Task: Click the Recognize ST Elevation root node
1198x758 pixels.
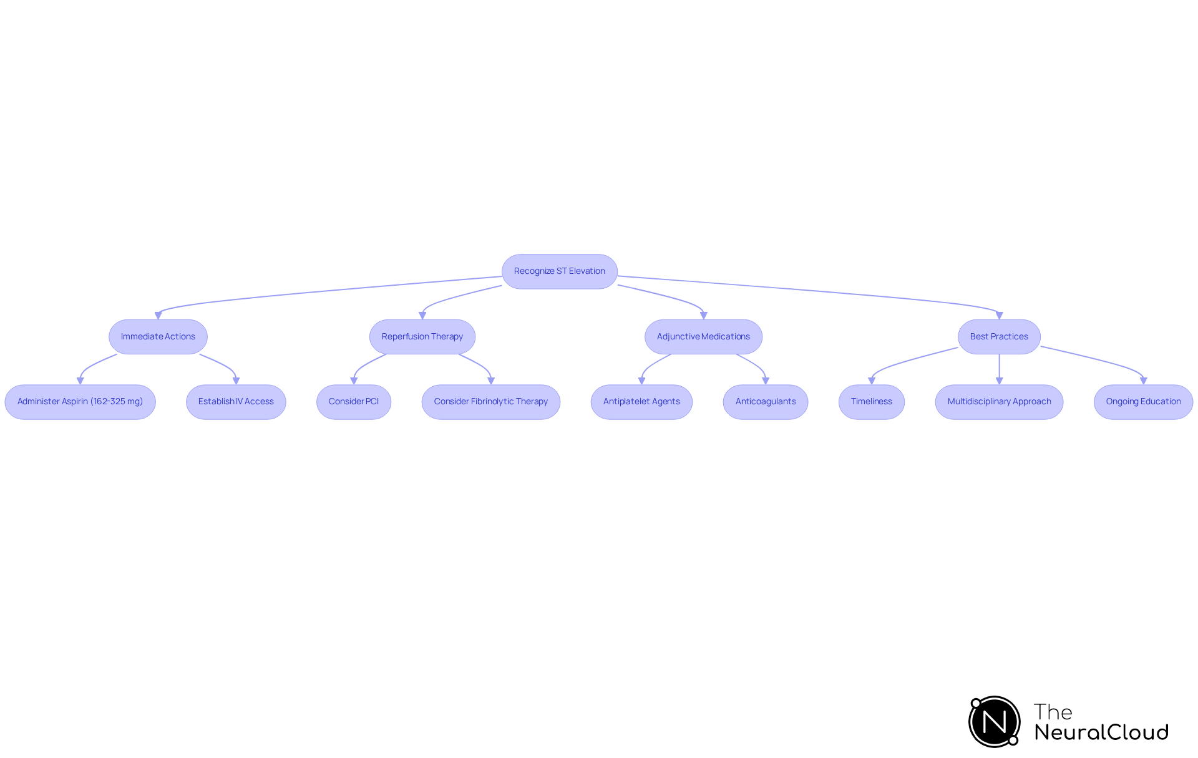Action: coord(559,271)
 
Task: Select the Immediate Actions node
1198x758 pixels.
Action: coord(158,337)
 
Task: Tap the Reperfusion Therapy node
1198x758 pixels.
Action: coord(422,337)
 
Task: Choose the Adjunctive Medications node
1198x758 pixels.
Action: coord(703,337)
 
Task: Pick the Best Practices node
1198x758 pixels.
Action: coord(998,337)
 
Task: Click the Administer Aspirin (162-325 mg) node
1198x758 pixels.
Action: coord(80,402)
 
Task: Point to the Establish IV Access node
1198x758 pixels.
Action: coord(236,402)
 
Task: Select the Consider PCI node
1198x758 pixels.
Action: coord(353,402)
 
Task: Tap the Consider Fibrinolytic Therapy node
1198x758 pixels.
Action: coord(490,402)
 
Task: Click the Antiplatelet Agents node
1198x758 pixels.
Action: coord(641,402)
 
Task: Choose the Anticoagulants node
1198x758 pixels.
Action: coord(765,402)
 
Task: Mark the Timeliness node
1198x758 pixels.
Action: coord(871,402)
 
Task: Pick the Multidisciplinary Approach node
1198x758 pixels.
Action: coord(999,402)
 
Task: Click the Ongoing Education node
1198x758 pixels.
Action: coord(1143,402)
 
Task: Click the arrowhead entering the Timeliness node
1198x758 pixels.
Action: coord(872,381)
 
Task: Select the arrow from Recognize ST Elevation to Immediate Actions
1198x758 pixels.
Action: coord(324,292)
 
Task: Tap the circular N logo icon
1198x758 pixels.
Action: coord(995,722)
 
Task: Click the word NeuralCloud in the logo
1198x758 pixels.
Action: coord(1101,732)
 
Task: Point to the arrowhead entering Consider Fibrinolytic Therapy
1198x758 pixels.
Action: coord(491,381)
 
